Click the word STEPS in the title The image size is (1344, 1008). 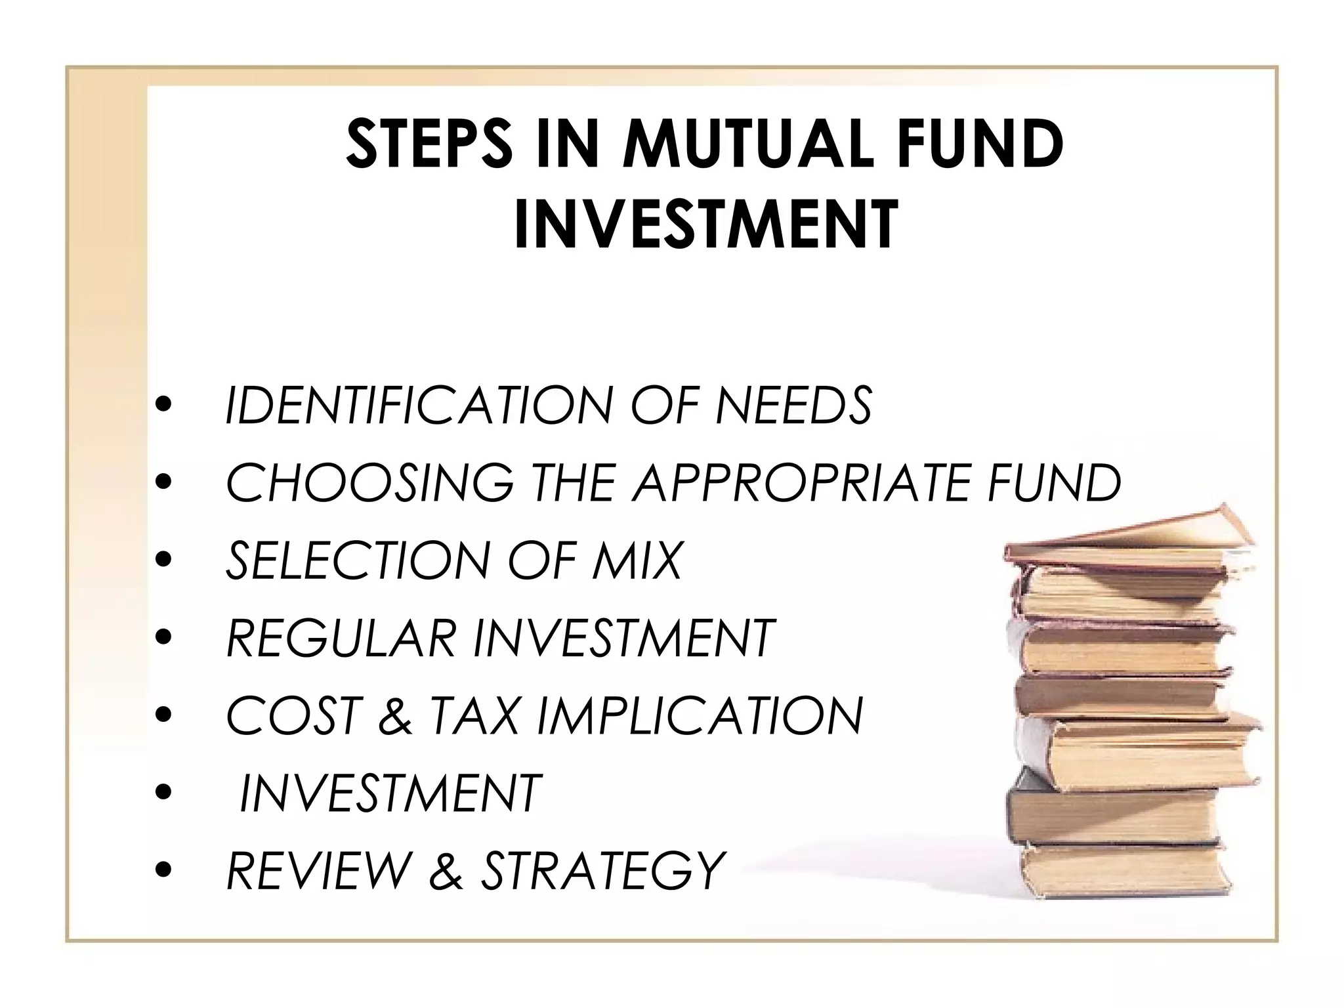click(429, 144)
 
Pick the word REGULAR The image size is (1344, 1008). click(341, 638)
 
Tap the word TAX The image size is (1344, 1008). click(473, 716)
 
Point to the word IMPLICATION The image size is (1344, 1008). click(700, 716)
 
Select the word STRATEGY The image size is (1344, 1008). click(602, 871)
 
